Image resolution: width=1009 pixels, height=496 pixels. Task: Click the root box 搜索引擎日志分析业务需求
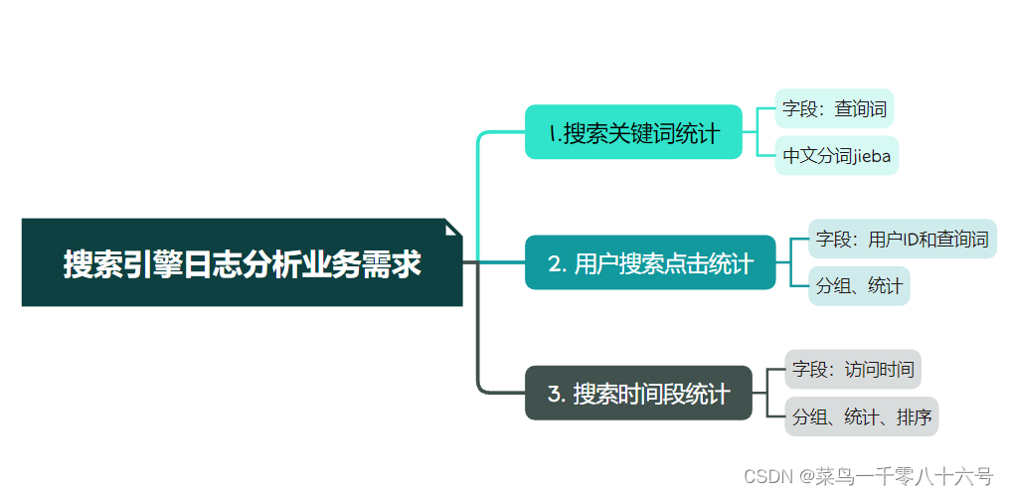click(242, 263)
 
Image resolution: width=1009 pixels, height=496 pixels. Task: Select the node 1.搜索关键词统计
click(633, 132)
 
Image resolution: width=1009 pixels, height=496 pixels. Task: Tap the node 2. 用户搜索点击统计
click(650, 263)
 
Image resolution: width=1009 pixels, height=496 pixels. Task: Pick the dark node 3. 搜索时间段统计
click(638, 394)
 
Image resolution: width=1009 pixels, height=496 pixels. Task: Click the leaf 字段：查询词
click(833, 109)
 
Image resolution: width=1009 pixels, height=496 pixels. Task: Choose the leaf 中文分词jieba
click(836, 156)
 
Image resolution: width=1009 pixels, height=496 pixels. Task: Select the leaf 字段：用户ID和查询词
click(902, 240)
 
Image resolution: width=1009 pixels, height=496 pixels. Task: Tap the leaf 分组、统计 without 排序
click(859, 286)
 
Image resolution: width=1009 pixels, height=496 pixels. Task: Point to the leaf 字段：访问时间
click(853, 370)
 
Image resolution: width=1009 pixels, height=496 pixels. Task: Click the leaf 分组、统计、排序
click(861, 416)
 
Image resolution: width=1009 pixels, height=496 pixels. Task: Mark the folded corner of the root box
click(454, 227)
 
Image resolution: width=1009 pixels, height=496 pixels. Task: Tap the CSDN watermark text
click(765, 475)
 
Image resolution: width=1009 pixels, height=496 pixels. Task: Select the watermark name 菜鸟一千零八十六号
click(905, 475)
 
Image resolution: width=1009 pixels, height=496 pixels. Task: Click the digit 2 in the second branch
click(555, 264)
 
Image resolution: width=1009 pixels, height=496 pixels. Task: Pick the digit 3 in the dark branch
click(555, 395)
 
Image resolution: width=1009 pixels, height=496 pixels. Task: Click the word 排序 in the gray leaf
click(913, 416)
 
